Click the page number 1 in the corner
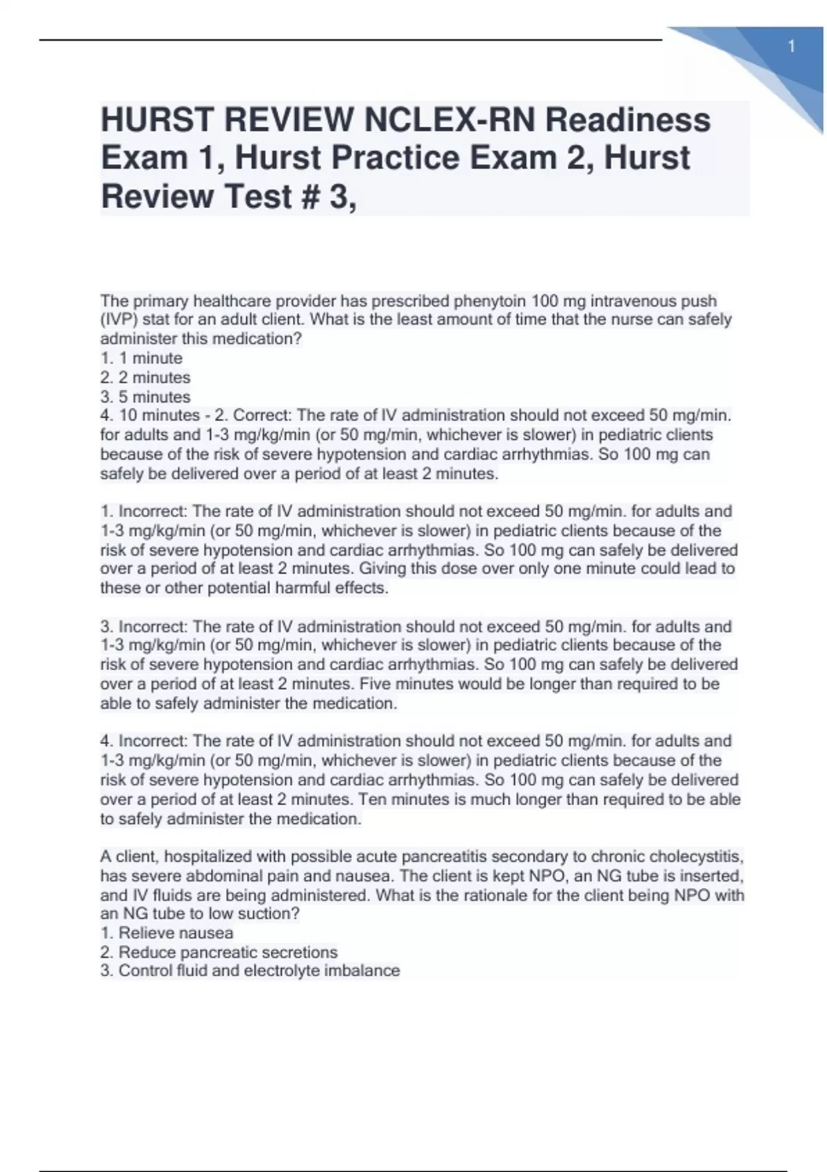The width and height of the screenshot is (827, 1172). click(x=792, y=46)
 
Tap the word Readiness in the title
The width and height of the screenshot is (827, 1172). click(x=628, y=119)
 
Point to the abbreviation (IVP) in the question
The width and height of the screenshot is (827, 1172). click(x=119, y=320)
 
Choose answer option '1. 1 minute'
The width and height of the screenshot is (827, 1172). click(x=141, y=358)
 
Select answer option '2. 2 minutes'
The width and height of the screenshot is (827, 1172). click(x=145, y=378)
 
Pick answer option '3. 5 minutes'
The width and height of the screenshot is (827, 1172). click(x=145, y=397)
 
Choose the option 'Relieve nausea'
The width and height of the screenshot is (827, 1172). click(x=176, y=933)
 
